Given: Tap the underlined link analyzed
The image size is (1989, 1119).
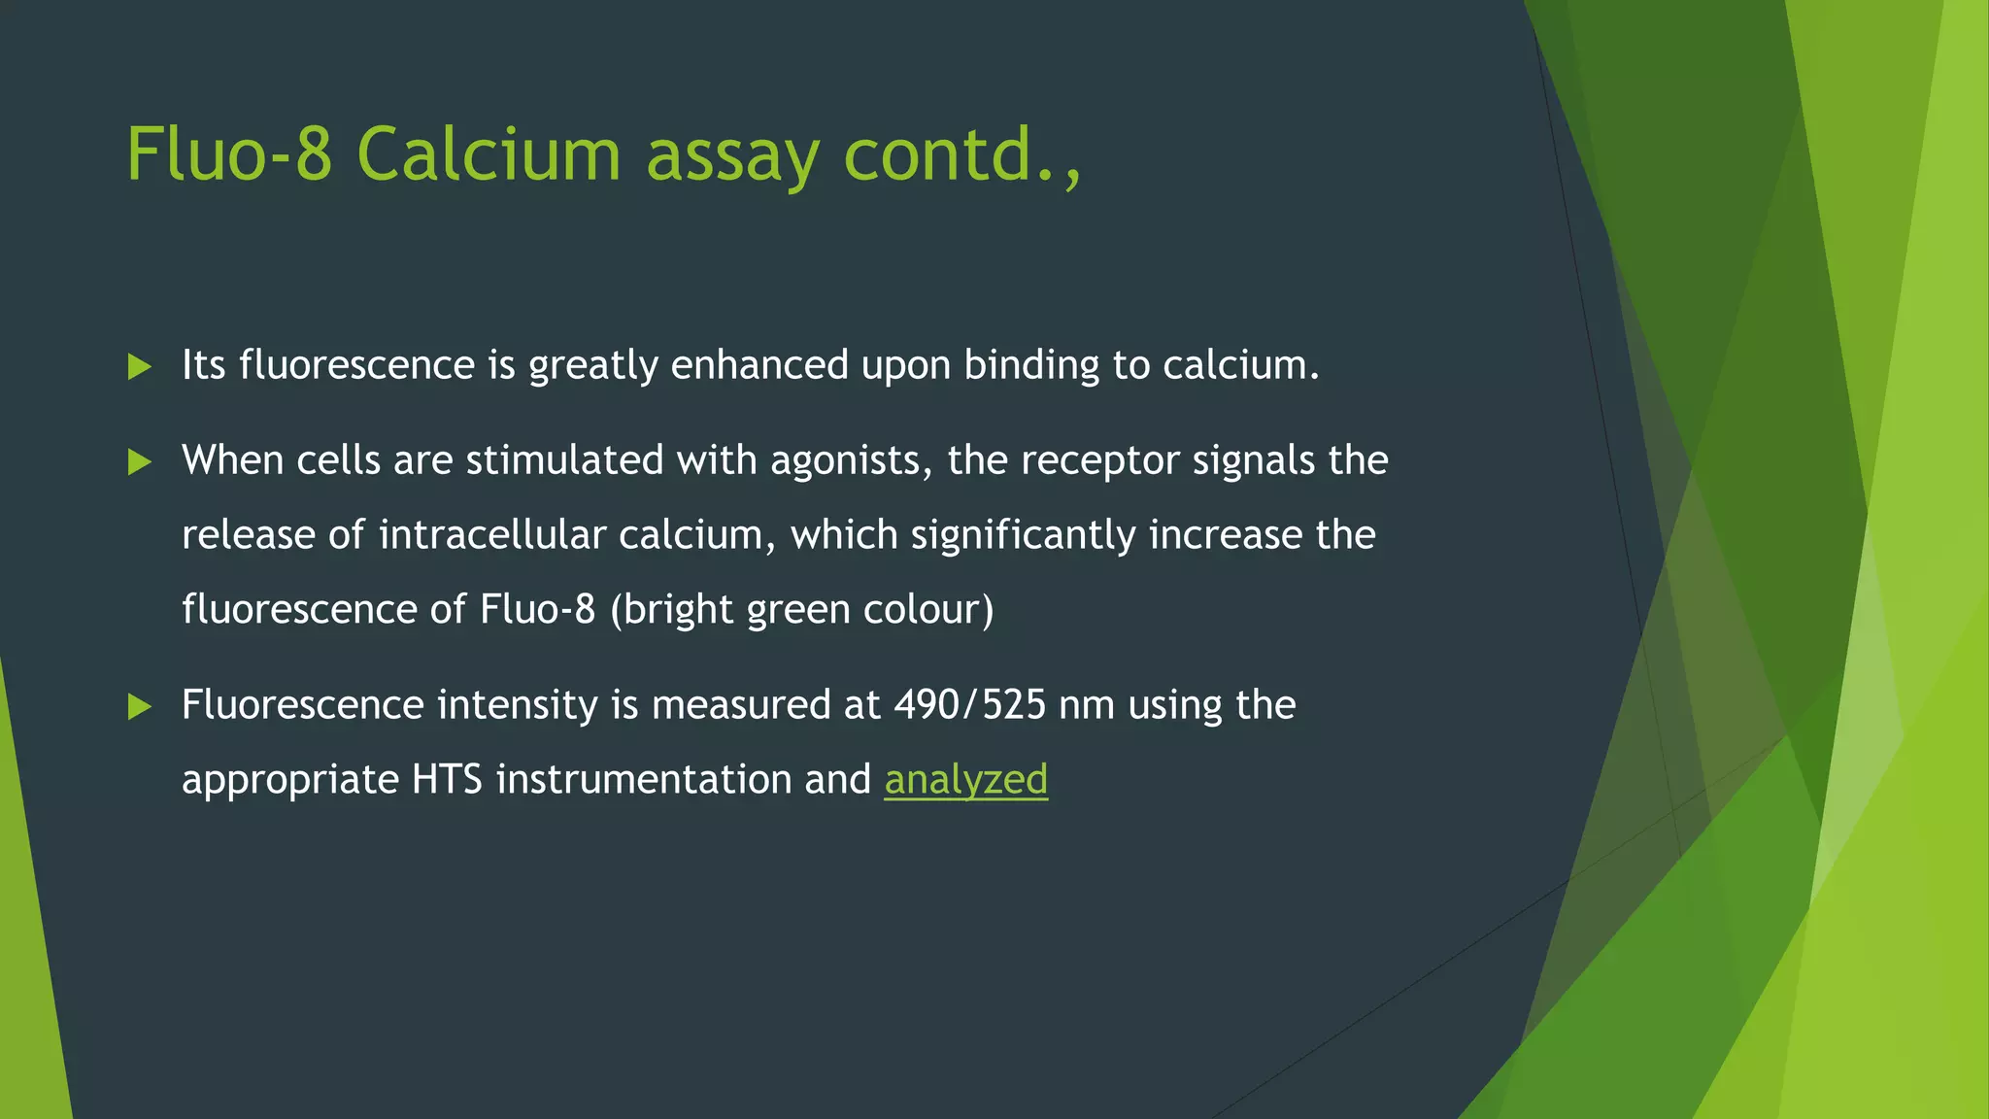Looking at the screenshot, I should tap(965, 780).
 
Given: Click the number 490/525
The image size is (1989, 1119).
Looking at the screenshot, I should tap(969, 705).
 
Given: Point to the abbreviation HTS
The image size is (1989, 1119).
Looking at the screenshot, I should tap(447, 780).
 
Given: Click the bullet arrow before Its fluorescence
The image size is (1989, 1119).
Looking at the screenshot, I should tap(140, 367).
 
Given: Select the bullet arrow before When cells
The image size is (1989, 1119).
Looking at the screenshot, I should tap(140, 462).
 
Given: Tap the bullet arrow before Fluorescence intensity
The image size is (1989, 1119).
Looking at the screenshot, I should tap(140, 707).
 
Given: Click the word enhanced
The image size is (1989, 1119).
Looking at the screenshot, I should tap(759, 366).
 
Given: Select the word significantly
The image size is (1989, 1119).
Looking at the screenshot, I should tap(1023, 535).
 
